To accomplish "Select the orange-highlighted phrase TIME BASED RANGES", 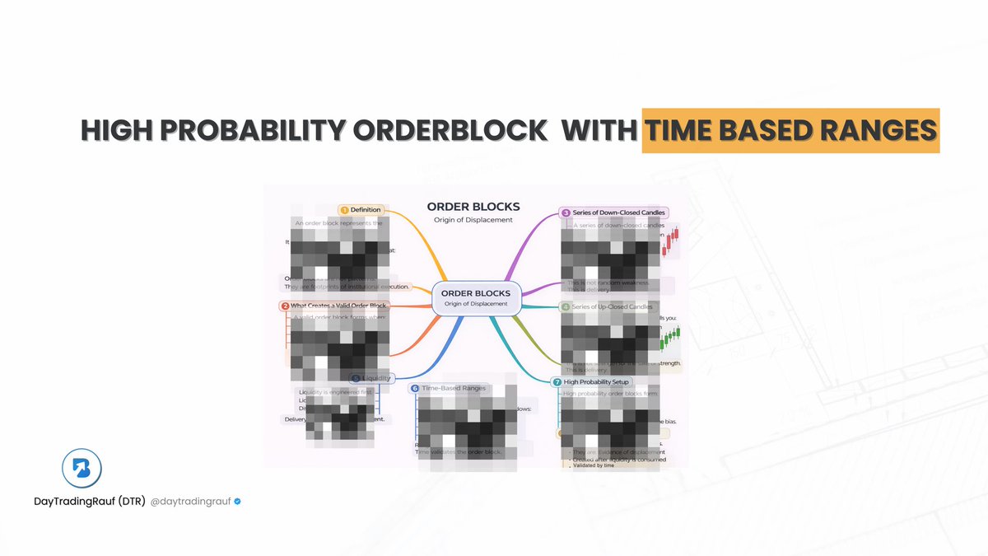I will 790,131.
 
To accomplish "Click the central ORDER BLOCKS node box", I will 475,297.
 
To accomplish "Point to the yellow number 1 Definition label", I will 360,210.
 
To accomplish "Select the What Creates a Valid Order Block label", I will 333,306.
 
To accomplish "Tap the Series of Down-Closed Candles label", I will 613,213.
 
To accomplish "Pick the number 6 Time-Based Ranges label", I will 448,387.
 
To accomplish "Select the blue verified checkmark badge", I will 237,501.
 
